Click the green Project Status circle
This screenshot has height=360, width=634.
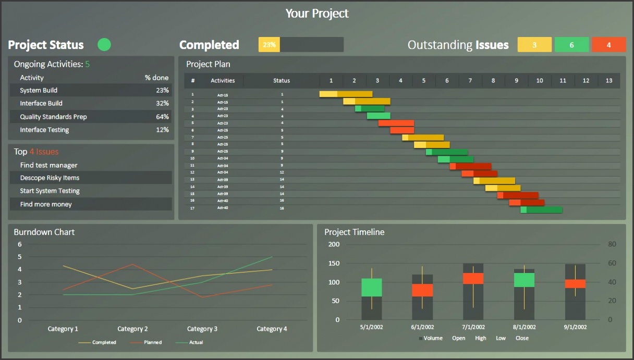104,45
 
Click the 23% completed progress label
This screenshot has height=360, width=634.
269,45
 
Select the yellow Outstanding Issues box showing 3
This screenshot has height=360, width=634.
534,45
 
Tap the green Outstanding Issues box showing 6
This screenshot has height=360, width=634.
571,45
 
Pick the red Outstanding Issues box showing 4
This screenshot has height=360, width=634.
608,45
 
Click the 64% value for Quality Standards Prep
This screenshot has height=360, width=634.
162,117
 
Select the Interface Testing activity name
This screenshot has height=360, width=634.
44,130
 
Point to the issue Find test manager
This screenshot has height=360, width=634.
48,165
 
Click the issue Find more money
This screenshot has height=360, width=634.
46,204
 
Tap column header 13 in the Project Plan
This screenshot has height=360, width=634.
609,81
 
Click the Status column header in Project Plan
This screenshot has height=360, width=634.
282,81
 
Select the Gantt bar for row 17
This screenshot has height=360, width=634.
541,209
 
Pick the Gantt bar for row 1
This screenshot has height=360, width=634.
346,94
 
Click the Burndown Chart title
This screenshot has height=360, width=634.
44,232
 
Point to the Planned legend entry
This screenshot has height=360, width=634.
153,342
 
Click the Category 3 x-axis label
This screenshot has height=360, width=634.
202,329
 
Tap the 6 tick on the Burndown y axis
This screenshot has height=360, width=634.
20,244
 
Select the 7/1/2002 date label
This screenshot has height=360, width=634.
473,327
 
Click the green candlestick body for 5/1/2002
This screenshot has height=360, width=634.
372,288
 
